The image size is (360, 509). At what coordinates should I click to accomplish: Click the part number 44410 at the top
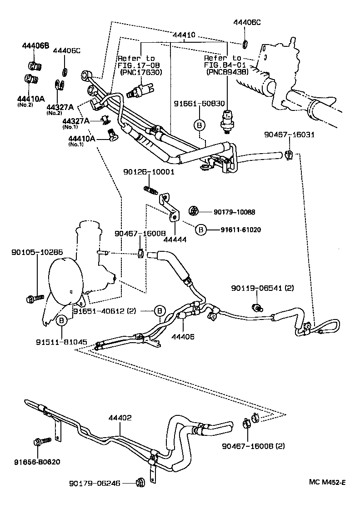[184, 35]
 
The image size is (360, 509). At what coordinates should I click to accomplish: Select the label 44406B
[35, 45]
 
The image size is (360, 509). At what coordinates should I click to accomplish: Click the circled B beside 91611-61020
[201, 230]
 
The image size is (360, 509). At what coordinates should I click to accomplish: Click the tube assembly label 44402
[120, 418]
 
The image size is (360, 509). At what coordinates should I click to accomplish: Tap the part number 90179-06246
[95, 483]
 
